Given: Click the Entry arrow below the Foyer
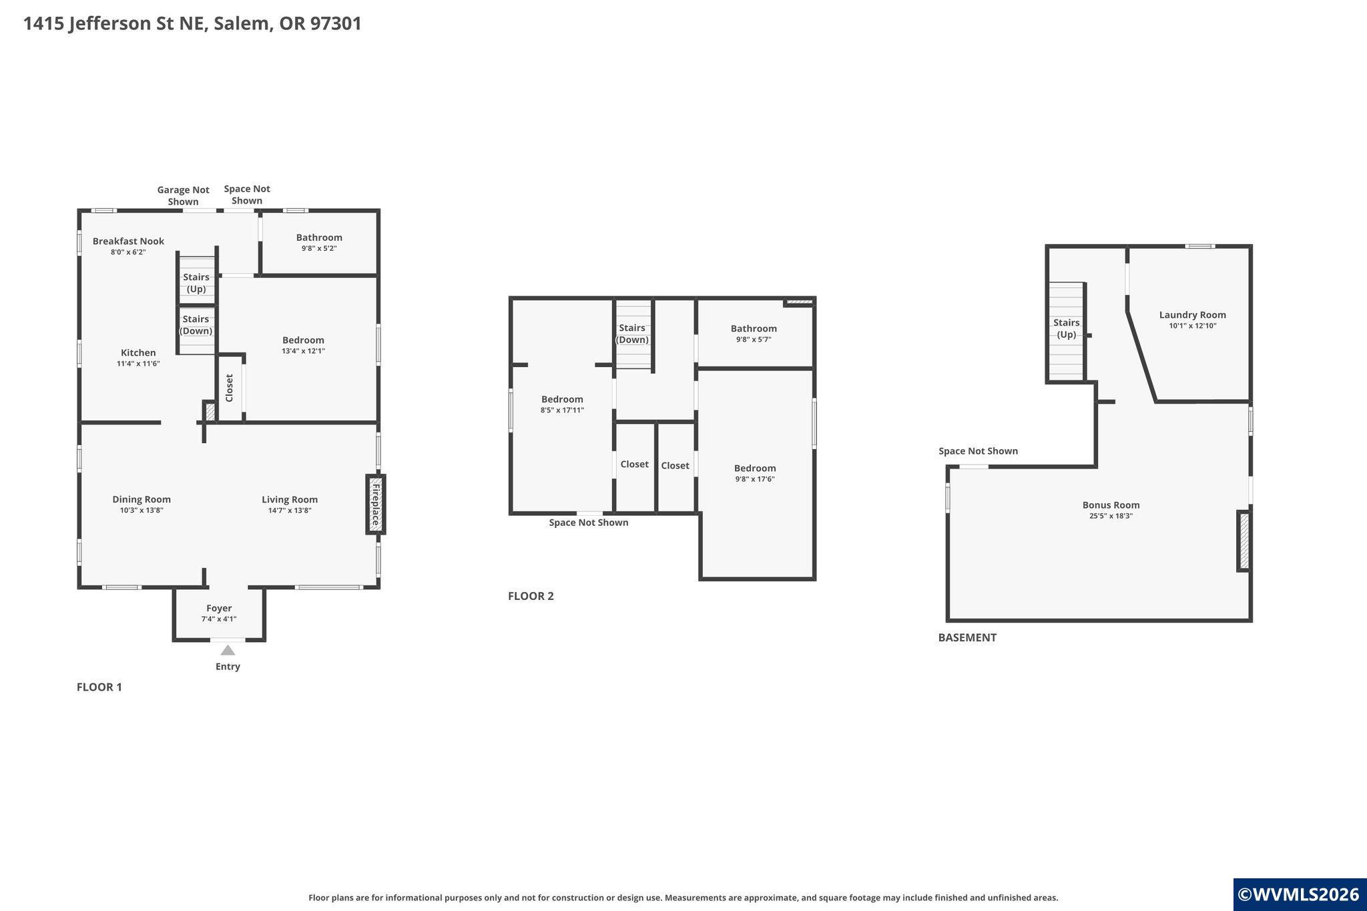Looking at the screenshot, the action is pyautogui.click(x=228, y=650).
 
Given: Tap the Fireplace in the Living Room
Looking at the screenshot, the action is pyautogui.click(x=376, y=504).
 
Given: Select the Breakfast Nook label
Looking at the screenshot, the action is pyautogui.click(x=128, y=241).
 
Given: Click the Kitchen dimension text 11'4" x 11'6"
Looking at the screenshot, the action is pyautogui.click(x=138, y=364).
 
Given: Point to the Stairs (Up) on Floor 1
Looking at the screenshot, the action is pyautogui.click(x=196, y=279).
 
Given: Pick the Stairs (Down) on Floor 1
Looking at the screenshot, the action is pyautogui.click(x=196, y=330).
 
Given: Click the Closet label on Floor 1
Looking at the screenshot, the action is pyautogui.click(x=229, y=388).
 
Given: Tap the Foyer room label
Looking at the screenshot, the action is pyautogui.click(x=219, y=608).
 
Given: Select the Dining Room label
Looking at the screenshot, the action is pyautogui.click(x=142, y=499).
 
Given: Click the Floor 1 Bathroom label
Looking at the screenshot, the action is pyautogui.click(x=319, y=237).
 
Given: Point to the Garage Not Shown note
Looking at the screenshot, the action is pyautogui.click(x=183, y=196).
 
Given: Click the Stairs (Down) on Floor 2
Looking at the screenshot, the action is pyautogui.click(x=632, y=334).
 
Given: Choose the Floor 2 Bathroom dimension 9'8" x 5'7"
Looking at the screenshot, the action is pyautogui.click(x=754, y=339).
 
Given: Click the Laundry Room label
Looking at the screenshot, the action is pyautogui.click(x=1192, y=315).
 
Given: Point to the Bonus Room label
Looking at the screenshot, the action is pyautogui.click(x=1111, y=505).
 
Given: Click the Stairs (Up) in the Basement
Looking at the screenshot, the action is pyautogui.click(x=1066, y=330).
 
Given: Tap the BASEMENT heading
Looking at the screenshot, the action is pyautogui.click(x=967, y=637).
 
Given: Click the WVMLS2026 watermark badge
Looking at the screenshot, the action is pyautogui.click(x=1300, y=894).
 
